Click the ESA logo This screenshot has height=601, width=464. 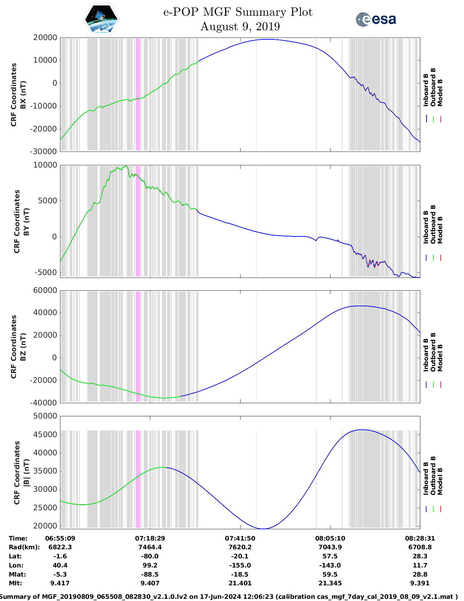pos(376,19)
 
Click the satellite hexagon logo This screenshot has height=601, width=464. pos(101,19)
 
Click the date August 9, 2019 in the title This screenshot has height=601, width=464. pos(240,27)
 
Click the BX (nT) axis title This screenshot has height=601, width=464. pos(23,95)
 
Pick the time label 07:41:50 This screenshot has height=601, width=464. pos(240,538)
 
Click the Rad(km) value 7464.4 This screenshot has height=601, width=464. pos(150,547)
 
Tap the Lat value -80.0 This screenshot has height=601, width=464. pos(150,556)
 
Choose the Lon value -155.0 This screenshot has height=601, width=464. pos(240,565)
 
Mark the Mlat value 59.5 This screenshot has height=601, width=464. pos(330,574)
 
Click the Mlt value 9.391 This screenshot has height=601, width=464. pos(420,583)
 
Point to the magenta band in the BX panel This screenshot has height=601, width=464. pos(138,94)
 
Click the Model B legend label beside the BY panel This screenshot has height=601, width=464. pos(440,230)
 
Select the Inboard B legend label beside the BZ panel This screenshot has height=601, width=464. pos(426,355)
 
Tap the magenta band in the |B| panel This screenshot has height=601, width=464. pos(138,479)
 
